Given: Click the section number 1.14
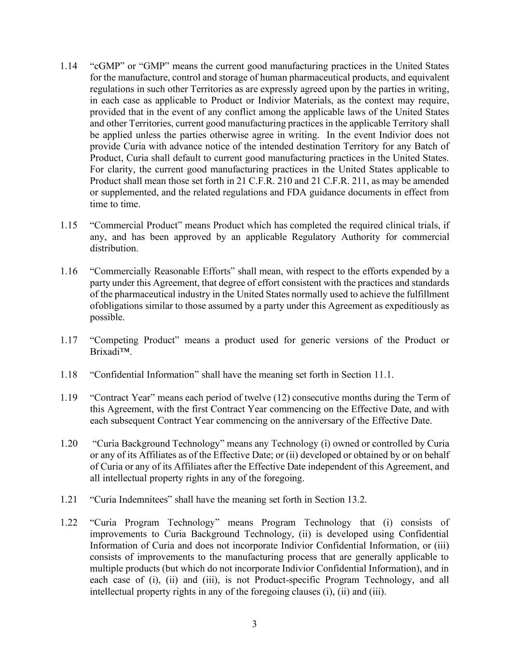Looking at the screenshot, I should pos(69,66).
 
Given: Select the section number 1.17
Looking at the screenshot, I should pos(69,340).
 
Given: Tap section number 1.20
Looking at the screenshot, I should pos(69,444).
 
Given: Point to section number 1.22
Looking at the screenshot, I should pos(69,523).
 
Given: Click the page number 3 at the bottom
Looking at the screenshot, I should pos(254,624).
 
